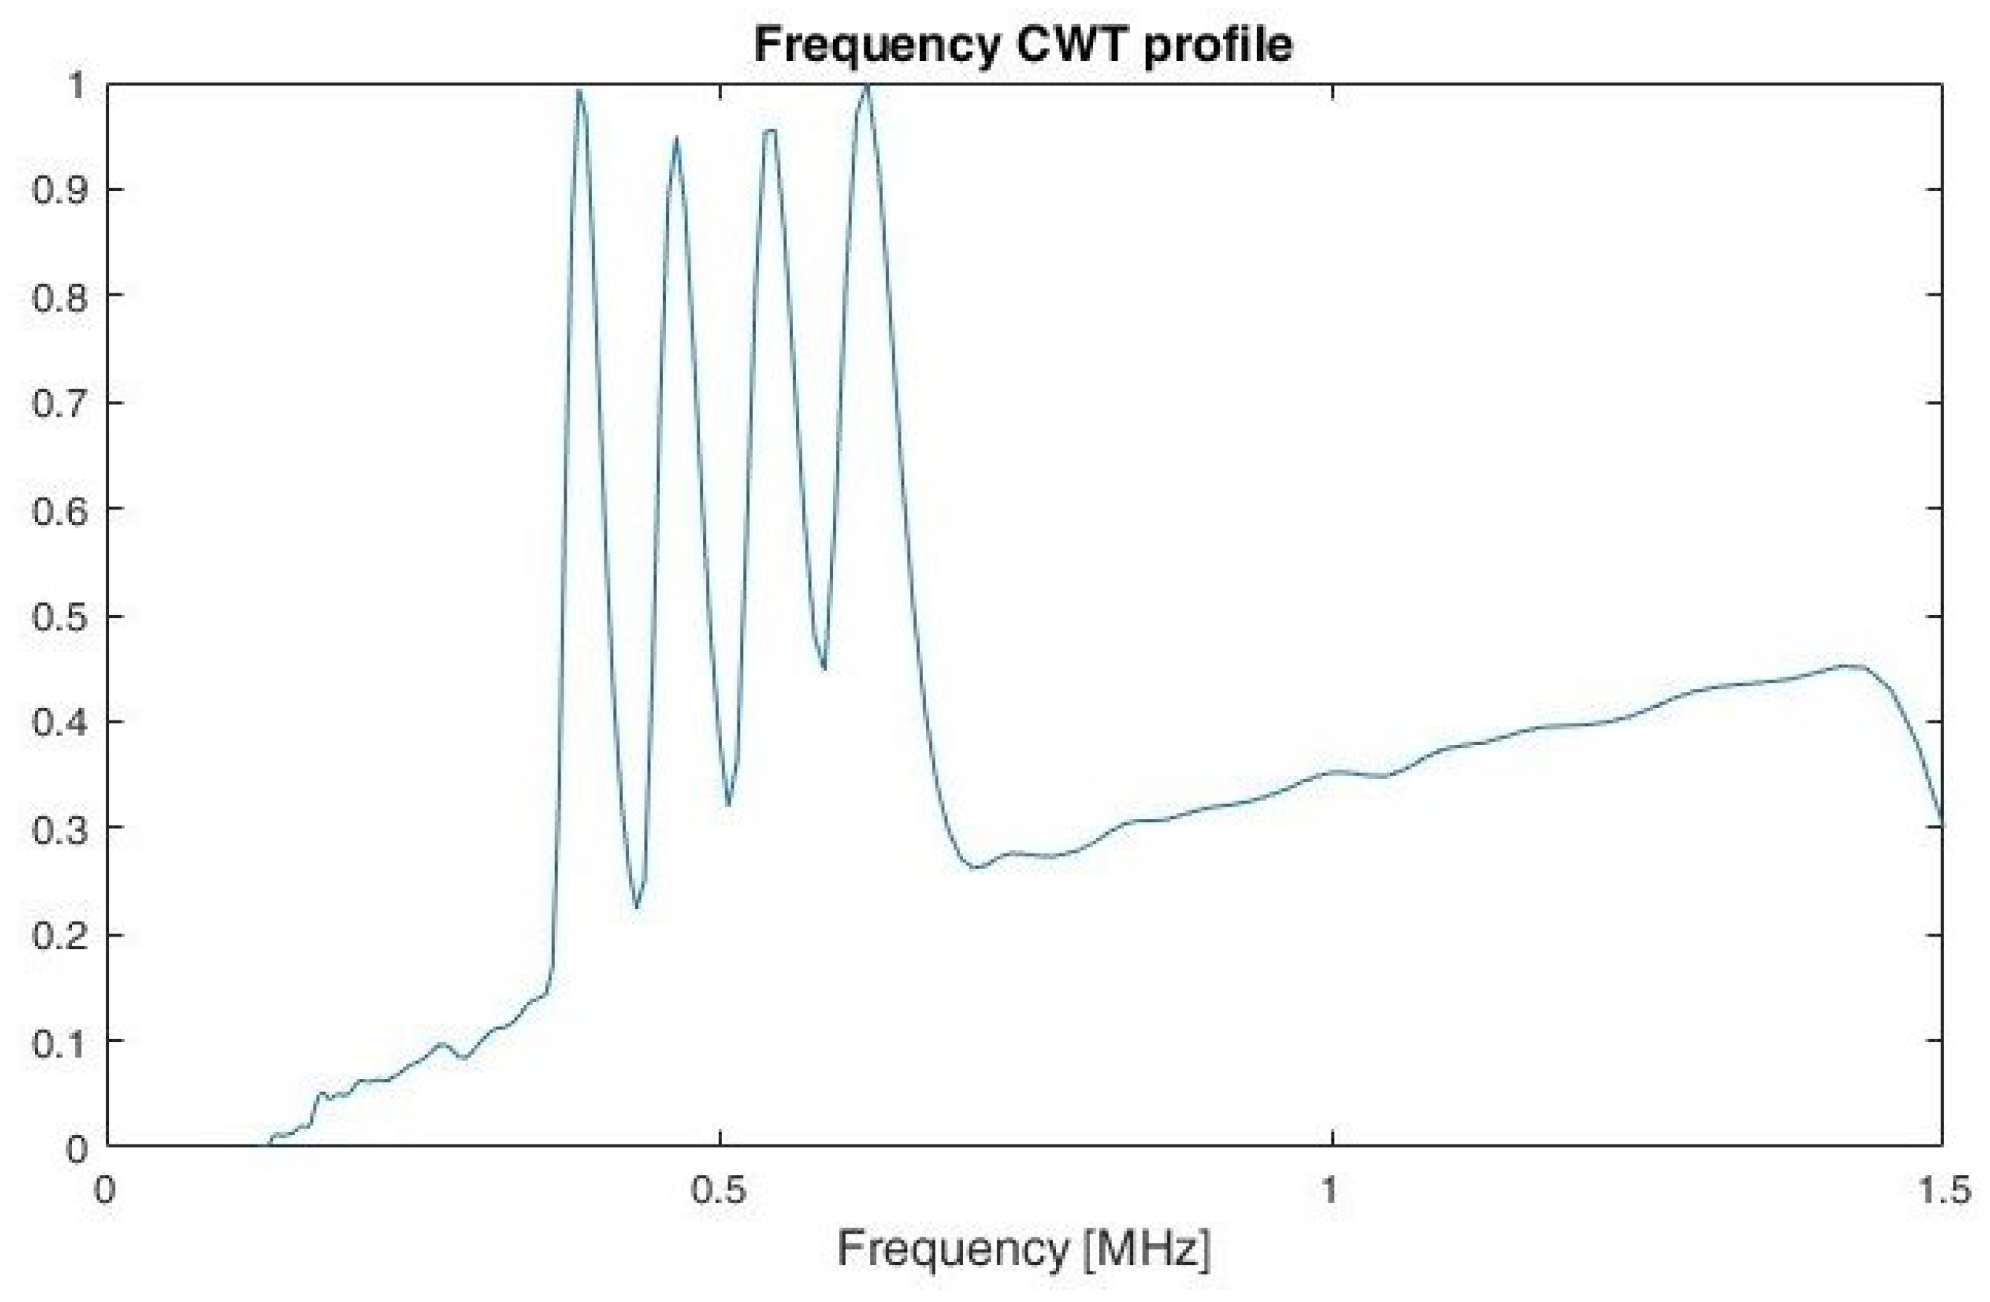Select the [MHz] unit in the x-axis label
click(x=1146, y=1249)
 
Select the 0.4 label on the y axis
click(x=59, y=721)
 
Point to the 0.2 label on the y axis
click(x=59, y=934)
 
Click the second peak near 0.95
click(x=676, y=140)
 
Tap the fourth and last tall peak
click(x=867, y=86)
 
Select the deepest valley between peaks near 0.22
click(x=637, y=906)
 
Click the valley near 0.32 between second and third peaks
click(x=728, y=804)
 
